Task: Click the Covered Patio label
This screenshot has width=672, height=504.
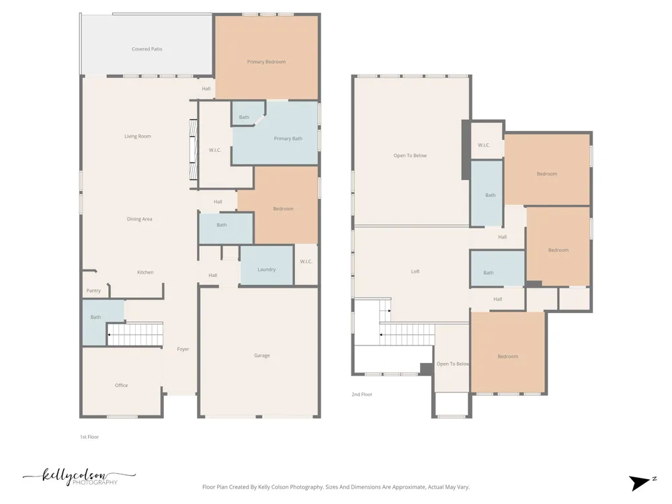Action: coord(147,49)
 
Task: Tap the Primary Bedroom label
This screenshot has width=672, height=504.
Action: coord(266,62)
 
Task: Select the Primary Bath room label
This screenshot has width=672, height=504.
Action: coord(288,138)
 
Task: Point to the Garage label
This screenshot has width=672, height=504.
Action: coord(262,355)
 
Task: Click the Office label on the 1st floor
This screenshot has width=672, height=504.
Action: coord(121,385)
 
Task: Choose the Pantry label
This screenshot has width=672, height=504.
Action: coord(93,290)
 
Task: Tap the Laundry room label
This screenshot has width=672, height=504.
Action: coord(267,269)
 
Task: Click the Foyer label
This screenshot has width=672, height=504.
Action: coord(183,349)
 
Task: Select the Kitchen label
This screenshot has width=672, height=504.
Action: coord(145,272)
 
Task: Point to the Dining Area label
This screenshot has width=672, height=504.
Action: coord(139,219)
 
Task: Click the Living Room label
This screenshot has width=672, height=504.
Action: coord(138,136)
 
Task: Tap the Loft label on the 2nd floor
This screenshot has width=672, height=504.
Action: coord(415,271)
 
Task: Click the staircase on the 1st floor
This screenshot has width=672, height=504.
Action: coord(135,334)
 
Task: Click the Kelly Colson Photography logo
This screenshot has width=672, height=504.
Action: coord(79,477)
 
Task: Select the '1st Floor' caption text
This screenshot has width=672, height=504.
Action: coord(89,437)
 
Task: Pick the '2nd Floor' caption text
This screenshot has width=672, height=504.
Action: coord(362,394)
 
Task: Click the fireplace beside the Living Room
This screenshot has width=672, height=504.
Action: coord(194,150)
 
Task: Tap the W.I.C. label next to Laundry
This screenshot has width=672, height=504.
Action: coord(306,261)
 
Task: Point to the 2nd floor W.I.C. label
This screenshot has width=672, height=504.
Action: coord(484,145)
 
